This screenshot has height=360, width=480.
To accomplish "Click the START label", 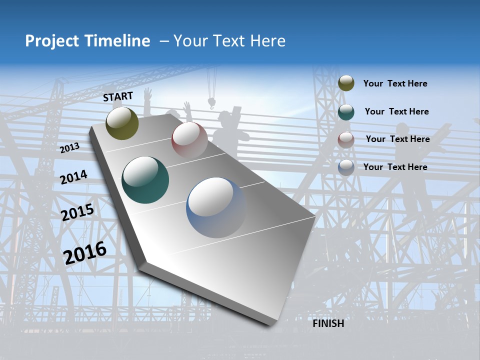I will click(118, 96).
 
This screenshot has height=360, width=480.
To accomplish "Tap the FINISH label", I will click(328, 323).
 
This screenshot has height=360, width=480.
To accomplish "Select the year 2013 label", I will click(69, 148).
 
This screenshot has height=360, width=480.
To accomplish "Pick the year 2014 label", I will click(73, 177).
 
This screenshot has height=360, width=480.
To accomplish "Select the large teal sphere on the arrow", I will click(145, 180).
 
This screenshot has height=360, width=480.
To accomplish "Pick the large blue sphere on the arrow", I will click(216, 207).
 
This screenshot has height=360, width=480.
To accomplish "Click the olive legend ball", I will click(346, 83).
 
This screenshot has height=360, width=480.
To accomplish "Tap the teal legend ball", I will click(346, 111).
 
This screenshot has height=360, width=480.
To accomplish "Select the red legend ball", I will click(346, 139).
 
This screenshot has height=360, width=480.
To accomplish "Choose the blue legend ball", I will click(346, 167).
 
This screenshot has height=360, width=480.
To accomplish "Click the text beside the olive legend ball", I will click(395, 83).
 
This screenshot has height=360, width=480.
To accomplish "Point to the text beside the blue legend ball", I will click(395, 167).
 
